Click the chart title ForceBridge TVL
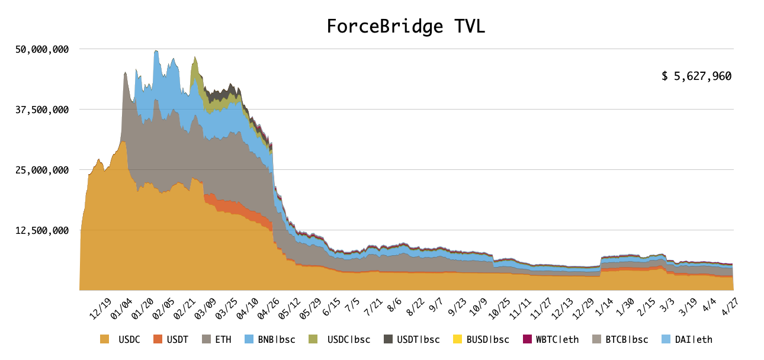tap(406, 27)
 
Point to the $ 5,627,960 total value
tap(696, 76)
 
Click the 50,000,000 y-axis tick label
tap(42, 49)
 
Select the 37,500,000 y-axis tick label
tap(42, 110)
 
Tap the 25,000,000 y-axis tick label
tap(42, 170)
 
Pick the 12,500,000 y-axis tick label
tap(42, 230)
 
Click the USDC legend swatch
tap(105, 339)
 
